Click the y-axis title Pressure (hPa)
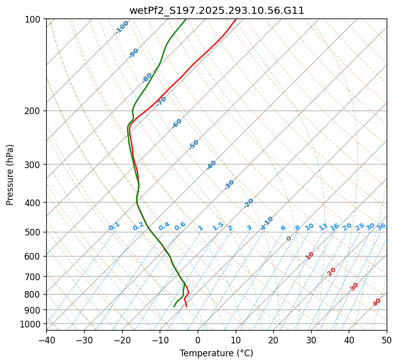(x=10, y=174)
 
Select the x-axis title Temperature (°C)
(x=216, y=353)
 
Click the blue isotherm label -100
(x=122, y=27)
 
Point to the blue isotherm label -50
(x=194, y=144)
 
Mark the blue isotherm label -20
(x=249, y=203)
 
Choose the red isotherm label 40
(x=377, y=302)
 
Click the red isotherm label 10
(x=310, y=256)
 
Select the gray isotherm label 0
(x=289, y=239)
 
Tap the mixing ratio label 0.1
(x=114, y=226)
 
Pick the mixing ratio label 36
(x=381, y=226)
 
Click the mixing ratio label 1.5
(x=218, y=226)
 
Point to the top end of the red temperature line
(x=236, y=19)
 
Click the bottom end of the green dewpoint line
(x=174, y=306)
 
